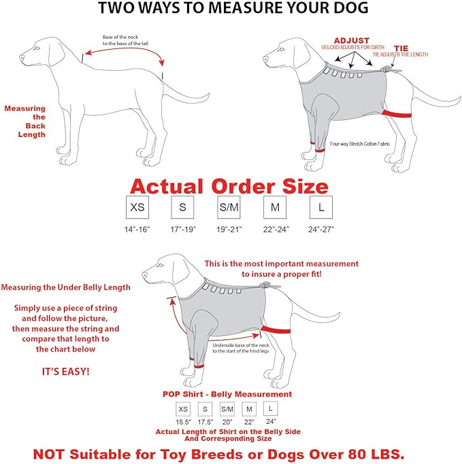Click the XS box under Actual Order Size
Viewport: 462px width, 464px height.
[137, 206]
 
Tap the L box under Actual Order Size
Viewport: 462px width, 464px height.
[318, 206]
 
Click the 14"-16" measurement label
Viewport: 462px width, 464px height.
[136, 229]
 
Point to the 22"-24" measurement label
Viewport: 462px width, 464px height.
[275, 229]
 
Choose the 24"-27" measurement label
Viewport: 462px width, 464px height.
[320, 229]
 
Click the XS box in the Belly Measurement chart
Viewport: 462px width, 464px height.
[183, 409]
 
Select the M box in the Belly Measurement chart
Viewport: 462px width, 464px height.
[250, 409]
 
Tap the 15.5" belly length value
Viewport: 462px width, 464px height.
[183, 422]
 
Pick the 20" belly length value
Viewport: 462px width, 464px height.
[227, 422]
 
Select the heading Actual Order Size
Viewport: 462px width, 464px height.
[229, 185]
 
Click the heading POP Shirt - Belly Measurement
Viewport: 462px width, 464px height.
[227, 395]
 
